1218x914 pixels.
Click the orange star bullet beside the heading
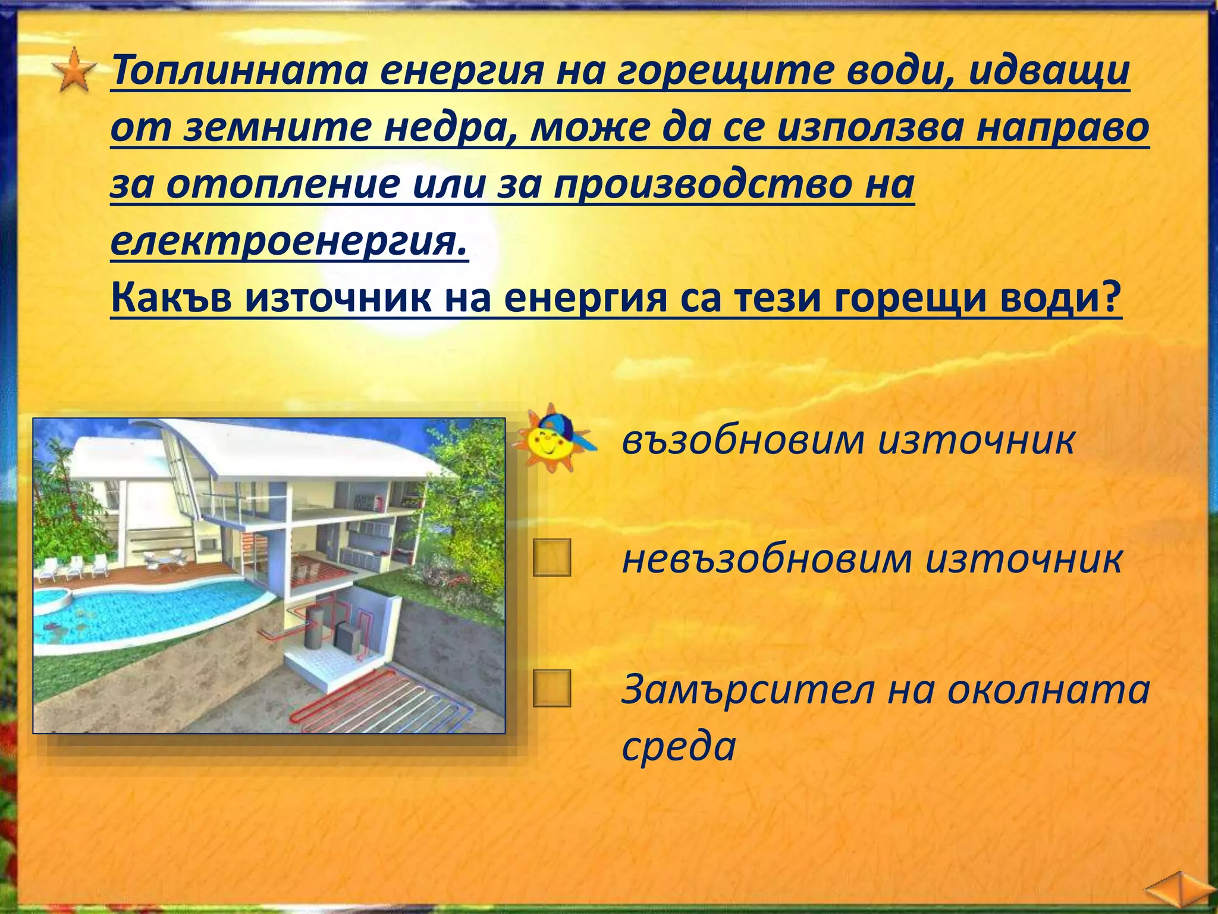tap(74, 71)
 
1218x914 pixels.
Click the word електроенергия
tap(289, 242)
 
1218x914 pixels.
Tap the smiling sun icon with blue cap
tap(553, 439)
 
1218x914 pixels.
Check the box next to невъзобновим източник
tap(552, 558)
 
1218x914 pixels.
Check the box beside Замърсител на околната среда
tap(552, 688)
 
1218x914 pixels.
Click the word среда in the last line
tap(679, 746)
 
